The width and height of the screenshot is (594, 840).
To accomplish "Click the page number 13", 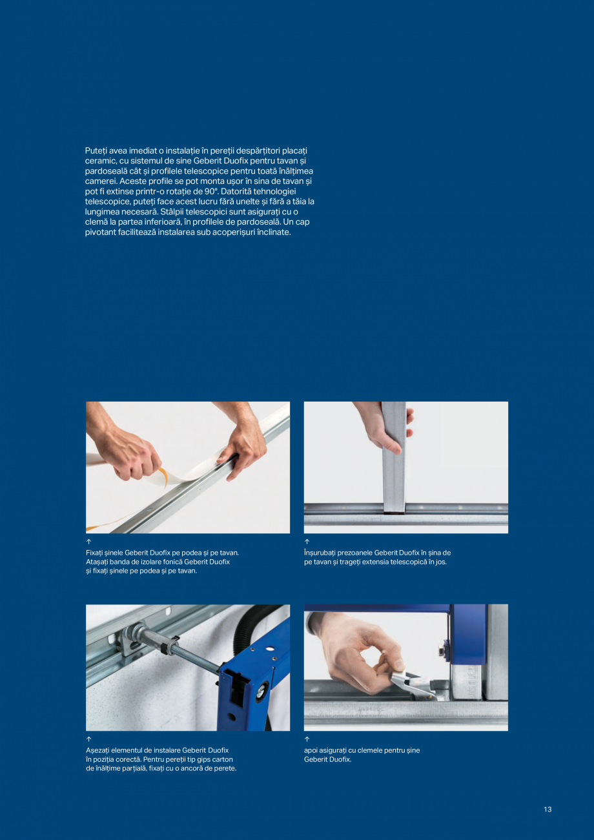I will (548, 810).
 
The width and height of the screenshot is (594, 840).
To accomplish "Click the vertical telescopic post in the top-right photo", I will (394, 458).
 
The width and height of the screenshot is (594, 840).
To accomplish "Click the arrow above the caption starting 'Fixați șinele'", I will (88, 541).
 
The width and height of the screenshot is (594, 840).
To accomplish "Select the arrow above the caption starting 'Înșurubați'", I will (307, 541).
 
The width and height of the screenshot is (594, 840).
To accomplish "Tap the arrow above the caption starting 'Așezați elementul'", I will (88, 739).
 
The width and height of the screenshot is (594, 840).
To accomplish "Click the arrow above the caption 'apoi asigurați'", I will (307, 739).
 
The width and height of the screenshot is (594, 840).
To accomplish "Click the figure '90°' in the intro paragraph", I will (209, 192).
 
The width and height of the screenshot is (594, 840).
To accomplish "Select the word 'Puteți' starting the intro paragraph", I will (96, 150).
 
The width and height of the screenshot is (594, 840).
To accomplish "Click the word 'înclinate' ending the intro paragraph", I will (274, 232).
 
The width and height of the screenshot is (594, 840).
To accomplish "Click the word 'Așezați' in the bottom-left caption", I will (97, 750).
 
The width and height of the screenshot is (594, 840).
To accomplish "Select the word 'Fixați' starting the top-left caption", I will (96, 553).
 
